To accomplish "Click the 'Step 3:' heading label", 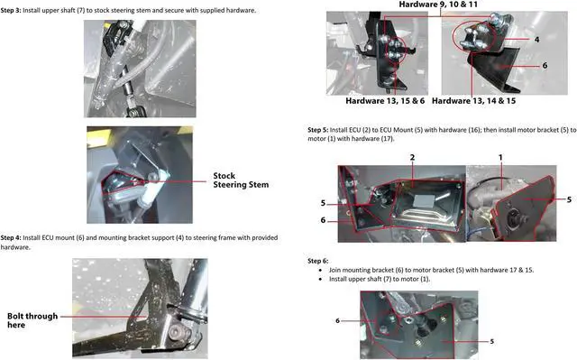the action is click(x=11, y=10).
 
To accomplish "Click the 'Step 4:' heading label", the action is click(x=11, y=238).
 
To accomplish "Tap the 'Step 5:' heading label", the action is click(x=318, y=130).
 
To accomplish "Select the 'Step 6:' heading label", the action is click(x=318, y=261).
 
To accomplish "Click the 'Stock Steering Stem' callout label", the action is click(x=241, y=180).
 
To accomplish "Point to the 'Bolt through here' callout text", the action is click(x=32, y=320).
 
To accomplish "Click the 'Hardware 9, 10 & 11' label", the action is click(x=438, y=5).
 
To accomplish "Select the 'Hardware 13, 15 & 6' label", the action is click(x=385, y=101).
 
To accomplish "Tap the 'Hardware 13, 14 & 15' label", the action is click(x=473, y=101).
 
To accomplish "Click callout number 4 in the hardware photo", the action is click(x=537, y=39).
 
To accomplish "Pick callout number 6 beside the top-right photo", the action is click(x=545, y=66).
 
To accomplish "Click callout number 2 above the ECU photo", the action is click(x=413, y=157).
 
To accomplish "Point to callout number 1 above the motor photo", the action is click(x=500, y=157).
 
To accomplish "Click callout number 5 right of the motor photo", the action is click(x=569, y=199).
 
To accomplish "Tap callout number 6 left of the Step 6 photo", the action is click(x=337, y=320).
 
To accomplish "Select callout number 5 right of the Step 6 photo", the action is click(x=491, y=341).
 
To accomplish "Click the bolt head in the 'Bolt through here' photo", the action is click(x=177, y=334).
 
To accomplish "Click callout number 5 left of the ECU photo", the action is click(x=323, y=203).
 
